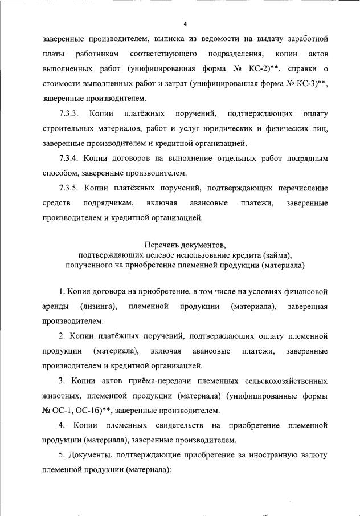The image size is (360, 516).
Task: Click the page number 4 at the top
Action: click(186, 24)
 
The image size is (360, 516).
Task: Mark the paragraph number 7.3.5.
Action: click(72, 188)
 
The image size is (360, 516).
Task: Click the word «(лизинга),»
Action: click(99, 307)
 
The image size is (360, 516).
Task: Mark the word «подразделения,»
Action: click(234, 54)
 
